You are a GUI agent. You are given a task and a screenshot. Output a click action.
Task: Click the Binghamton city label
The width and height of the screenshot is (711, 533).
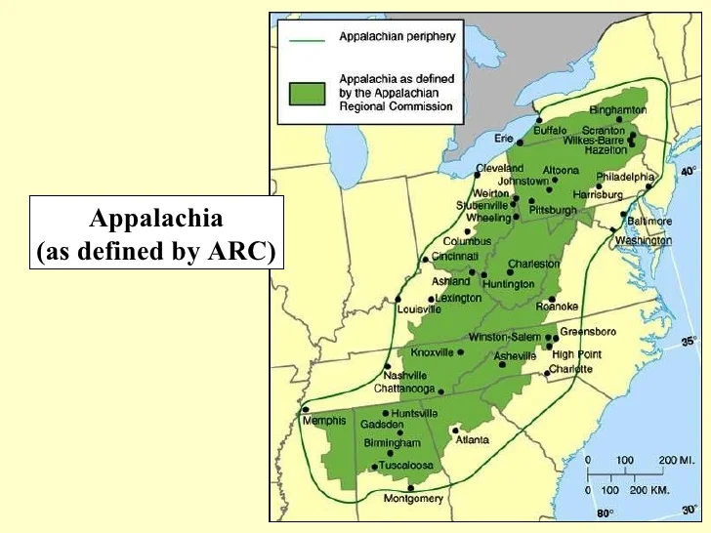coord(618,110)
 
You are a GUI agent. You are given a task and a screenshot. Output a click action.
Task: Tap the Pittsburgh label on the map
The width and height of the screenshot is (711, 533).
coord(553,210)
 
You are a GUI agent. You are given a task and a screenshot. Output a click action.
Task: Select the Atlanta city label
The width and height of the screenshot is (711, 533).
coord(472,440)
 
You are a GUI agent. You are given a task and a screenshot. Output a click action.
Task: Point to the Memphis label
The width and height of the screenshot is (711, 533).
coord(324,421)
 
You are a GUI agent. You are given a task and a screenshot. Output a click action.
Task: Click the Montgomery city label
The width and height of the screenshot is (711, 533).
coord(412,499)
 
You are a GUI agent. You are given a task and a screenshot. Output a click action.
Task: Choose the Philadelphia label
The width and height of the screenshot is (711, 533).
coord(625,177)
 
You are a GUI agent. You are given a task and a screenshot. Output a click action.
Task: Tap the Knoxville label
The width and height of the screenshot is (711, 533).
coord(432,352)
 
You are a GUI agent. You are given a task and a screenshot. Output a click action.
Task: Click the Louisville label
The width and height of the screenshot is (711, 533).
coord(420,309)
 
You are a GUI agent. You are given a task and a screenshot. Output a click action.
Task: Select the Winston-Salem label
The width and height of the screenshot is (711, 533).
coord(504,337)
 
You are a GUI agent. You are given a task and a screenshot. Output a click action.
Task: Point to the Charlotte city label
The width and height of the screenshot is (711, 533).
coord(570,369)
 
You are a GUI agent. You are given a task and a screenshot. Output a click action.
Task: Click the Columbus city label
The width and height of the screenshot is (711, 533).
coord(466,241)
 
